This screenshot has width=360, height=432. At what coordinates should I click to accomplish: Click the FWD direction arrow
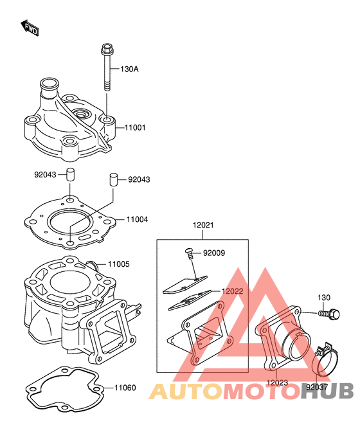coord(30,28)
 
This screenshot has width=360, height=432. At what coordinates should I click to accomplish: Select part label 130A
coord(129,69)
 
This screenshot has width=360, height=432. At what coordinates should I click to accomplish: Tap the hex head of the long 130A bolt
coord(107,49)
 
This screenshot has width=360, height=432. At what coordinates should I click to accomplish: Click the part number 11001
coord(135,128)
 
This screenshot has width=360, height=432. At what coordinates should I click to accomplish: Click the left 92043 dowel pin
coord(70,174)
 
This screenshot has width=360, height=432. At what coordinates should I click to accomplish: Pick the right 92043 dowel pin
coord(113,179)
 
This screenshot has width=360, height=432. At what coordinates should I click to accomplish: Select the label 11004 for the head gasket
coord(137,220)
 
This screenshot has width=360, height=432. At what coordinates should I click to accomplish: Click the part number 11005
coord(118,264)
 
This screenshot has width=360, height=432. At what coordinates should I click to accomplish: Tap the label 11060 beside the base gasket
coord(125,388)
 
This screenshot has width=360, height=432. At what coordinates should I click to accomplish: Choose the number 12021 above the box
coord(203,225)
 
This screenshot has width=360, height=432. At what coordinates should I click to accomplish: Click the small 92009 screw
coord(189,253)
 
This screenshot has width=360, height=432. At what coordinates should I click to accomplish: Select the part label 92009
coord(214,253)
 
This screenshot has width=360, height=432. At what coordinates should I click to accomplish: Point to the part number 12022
coord(232,291)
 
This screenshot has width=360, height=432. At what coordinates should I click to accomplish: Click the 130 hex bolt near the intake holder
coord(329,314)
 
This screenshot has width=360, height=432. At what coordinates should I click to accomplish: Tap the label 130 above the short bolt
coord(324,298)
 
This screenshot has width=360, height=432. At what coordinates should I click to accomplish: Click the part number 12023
coord(277,382)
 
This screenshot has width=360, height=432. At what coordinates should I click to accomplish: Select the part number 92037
coord(317,388)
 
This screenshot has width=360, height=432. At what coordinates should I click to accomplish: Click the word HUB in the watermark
coord(327,392)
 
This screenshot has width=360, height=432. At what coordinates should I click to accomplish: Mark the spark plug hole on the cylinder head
coord(81,114)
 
